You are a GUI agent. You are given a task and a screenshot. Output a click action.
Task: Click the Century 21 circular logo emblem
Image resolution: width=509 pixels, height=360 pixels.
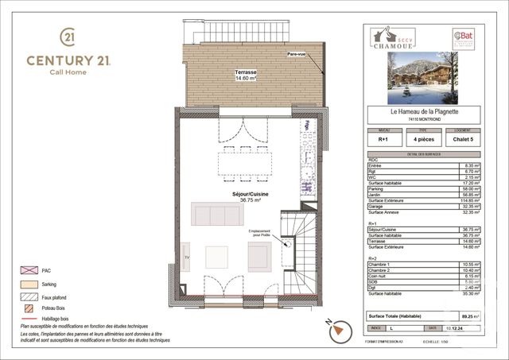tap(68, 37)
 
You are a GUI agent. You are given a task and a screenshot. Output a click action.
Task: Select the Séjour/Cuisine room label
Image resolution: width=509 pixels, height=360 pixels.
tap(232, 195)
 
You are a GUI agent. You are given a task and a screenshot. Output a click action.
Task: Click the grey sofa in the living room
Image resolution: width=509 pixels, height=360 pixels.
tap(217, 214)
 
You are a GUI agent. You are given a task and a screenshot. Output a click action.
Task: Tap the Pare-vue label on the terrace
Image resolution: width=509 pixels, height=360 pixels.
tap(297, 54)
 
